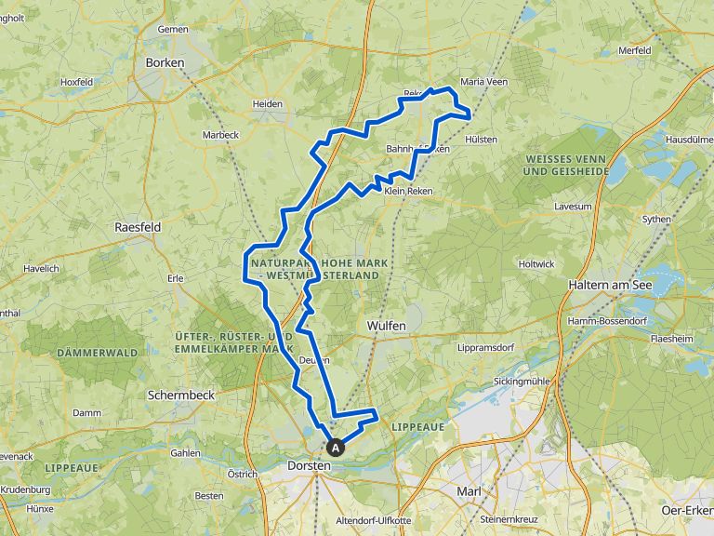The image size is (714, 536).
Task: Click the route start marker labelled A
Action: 336,447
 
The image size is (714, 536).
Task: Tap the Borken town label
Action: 165,62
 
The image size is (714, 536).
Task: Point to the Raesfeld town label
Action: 138,227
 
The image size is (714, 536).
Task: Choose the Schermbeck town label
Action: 181,395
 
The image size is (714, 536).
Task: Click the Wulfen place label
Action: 386,327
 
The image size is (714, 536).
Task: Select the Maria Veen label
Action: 484,82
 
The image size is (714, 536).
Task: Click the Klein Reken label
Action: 408,191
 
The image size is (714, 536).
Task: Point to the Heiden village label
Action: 268,103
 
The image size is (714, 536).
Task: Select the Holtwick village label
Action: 536,264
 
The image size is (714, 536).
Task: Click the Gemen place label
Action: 172,30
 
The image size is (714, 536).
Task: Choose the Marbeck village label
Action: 220,135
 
